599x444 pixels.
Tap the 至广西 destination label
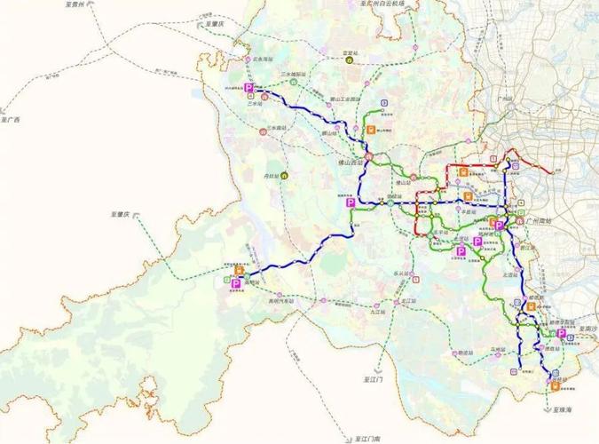pos(11,117)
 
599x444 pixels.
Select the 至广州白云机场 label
pos(372,4)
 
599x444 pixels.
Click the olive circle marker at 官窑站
pos(350,61)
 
